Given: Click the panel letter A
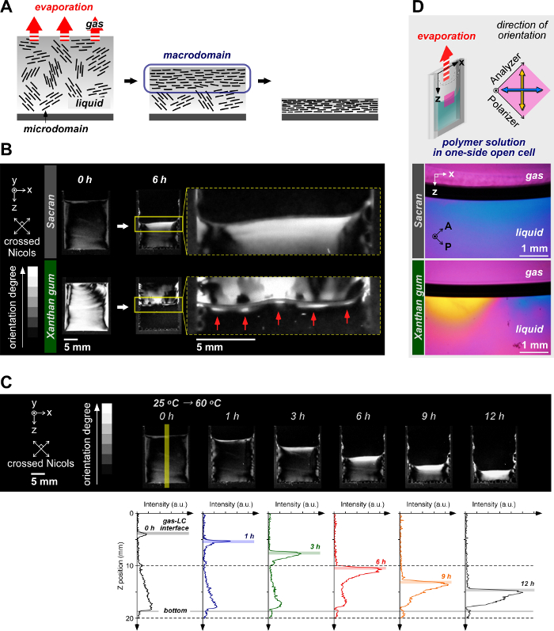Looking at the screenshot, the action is (x=7, y=8).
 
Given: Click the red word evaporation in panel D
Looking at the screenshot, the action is (x=450, y=36).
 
